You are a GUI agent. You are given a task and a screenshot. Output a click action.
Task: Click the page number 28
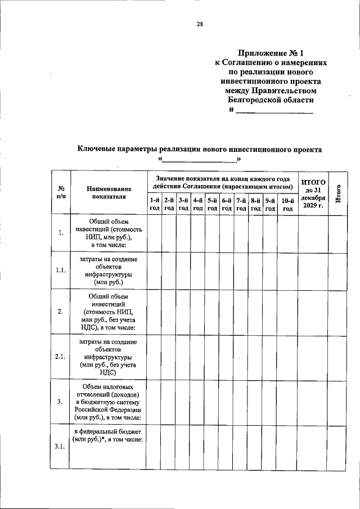point(200,24)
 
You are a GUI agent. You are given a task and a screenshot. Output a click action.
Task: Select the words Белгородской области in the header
point(271,100)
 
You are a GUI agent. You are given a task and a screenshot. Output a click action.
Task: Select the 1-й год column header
point(155,204)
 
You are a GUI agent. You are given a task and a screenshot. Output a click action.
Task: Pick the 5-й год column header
point(212,204)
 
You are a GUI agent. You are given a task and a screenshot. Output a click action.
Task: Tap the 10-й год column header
point(287,204)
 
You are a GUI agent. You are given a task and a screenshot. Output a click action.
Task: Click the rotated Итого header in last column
point(338,193)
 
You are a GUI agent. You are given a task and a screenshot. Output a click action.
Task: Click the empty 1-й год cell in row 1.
point(155,233)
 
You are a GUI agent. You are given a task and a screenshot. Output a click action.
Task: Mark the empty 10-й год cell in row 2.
point(287,312)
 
